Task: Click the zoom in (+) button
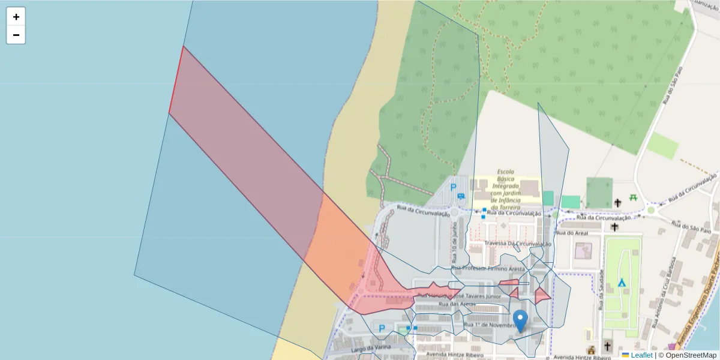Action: pyautogui.click(x=16, y=17)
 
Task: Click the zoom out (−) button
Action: pyautogui.click(x=16, y=35)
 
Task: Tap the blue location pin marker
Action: pyautogui.click(x=520, y=320)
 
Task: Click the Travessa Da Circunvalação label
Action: pyautogui.click(x=517, y=244)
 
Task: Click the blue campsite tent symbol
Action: pyautogui.click(x=622, y=282)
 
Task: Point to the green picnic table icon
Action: pyautogui.click(x=633, y=197)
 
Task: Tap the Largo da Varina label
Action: pyautogui.click(x=371, y=348)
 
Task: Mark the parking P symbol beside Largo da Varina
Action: pyautogui.click(x=382, y=328)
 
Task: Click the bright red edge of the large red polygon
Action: pyautogui.click(x=176, y=80)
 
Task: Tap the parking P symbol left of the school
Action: pyautogui.click(x=453, y=187)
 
